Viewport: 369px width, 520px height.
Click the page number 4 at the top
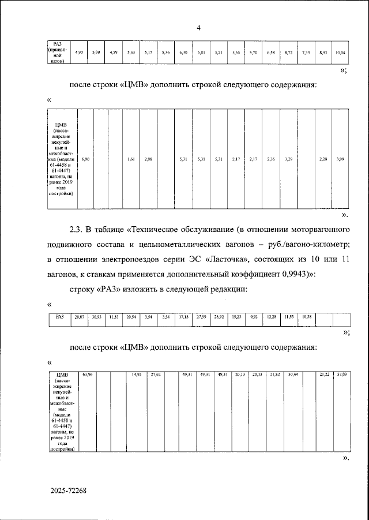(x=198, y=28)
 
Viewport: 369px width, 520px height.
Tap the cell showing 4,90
(x=80, y=53)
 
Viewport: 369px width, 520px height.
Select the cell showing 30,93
(x=96, y=317)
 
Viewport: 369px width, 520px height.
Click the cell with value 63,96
(x=87, y=375)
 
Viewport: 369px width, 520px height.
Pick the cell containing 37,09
(x=341, y=375)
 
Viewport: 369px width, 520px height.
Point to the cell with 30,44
(x=293, y=375)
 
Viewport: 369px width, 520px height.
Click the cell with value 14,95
(x=137, y=375)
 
